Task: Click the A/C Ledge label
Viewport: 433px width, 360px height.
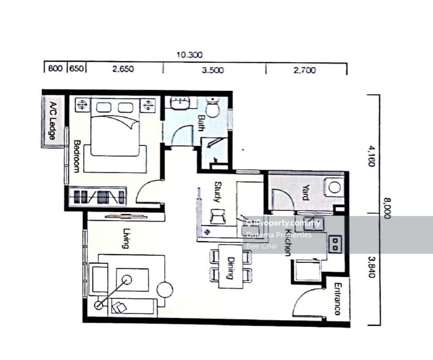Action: (52, 120)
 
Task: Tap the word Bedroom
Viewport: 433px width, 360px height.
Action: (76, 156)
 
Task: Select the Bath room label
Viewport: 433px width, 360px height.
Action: (201, 123)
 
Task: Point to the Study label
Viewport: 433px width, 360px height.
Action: (218, 192)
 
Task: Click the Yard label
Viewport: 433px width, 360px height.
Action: (305, 192)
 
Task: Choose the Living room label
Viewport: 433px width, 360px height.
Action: (126, 238)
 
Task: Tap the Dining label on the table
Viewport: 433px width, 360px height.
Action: (230, 268)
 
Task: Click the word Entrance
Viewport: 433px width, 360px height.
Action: (337, 299)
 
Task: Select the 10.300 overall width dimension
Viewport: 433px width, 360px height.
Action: (189, 55)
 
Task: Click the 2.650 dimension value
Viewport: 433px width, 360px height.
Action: (123, 69)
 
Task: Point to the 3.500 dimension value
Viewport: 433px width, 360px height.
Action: (212, 70)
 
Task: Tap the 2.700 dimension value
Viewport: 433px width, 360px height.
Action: (305, 70)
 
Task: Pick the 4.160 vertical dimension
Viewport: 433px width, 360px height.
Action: (371, 156)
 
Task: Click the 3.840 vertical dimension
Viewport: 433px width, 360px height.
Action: (372, 267)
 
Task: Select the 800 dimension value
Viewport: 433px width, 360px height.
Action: (55, 68)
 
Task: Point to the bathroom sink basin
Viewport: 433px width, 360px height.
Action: (180, 102)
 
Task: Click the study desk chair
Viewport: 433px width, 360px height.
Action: (217, 216)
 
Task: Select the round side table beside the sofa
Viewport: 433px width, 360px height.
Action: (165, 290)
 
